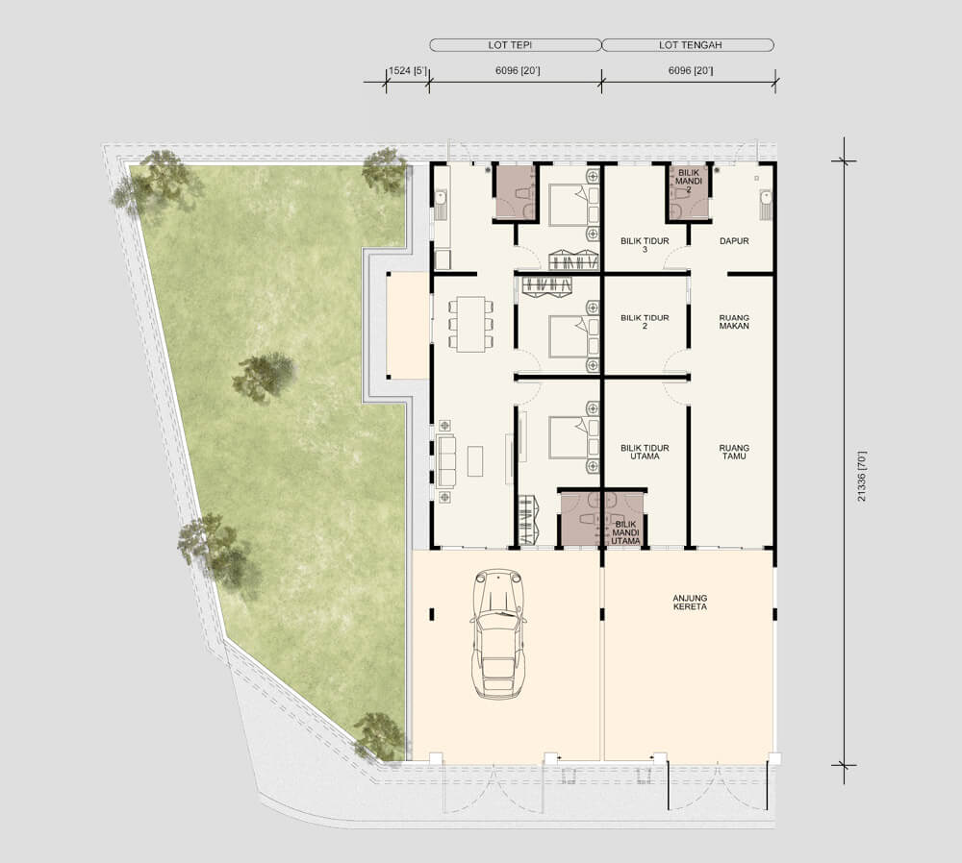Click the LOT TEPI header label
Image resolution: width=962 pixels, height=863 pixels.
click(x=510, y=45)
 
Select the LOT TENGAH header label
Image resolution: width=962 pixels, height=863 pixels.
click(x=690, y=45)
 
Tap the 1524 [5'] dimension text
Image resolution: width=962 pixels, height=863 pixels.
click(x=407, y=70)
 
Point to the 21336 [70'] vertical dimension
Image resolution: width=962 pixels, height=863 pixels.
click(x=862, y=477)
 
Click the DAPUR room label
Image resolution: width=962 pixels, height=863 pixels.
click(x=734, y=241)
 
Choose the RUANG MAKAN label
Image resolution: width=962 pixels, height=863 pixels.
click(x=734, y=322)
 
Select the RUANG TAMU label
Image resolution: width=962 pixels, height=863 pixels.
click(x=734, y=453)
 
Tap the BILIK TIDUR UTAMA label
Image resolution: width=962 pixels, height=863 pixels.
click(x=645, y=453)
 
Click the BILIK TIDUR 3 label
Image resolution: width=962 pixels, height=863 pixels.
click(x=645, y=245)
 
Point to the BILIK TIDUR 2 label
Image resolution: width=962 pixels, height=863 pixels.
click(x=645, y=322)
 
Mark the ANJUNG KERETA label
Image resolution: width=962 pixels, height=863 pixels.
click(x=690, y=603)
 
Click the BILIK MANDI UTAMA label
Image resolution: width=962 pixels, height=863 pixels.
click(x=626, y=532)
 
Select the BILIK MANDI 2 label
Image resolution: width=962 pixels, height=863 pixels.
click(x=689, y=182)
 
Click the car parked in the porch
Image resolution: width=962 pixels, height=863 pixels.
click(x=498, y=633)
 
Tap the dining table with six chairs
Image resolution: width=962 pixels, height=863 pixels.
click(x=470, y=324)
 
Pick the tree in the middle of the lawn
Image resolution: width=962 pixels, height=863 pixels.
click(x=264, y=375)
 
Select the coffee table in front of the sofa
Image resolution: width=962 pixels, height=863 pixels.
click(x=475, y=461)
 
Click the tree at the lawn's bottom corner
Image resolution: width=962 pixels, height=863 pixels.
click(x=379, y=735)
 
